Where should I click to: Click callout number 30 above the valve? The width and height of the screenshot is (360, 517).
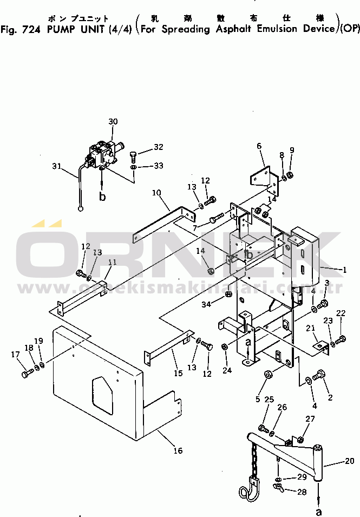pyautogui.click(x=113, y=121)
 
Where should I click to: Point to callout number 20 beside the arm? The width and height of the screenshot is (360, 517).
pyautogui.click(x=349, y=462)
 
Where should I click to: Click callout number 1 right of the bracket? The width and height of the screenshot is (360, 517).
pyautogui.click(x=344, y=269)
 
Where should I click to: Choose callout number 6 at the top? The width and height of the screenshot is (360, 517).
pyautogui.click(x=259, y=146)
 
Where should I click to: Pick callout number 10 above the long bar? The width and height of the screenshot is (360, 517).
pyautogui.click(x=156, y=192)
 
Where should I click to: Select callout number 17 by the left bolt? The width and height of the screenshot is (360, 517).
pyautogui.click(x=15, y=355)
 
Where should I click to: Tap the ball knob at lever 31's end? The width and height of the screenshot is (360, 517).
pyautogui.click(x=81, y=207)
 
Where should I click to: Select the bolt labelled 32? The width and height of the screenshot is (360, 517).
pyautogui.click(x=133, y=158)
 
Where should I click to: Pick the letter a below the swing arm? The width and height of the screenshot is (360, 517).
pyautogui.click(x=319, y=511)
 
